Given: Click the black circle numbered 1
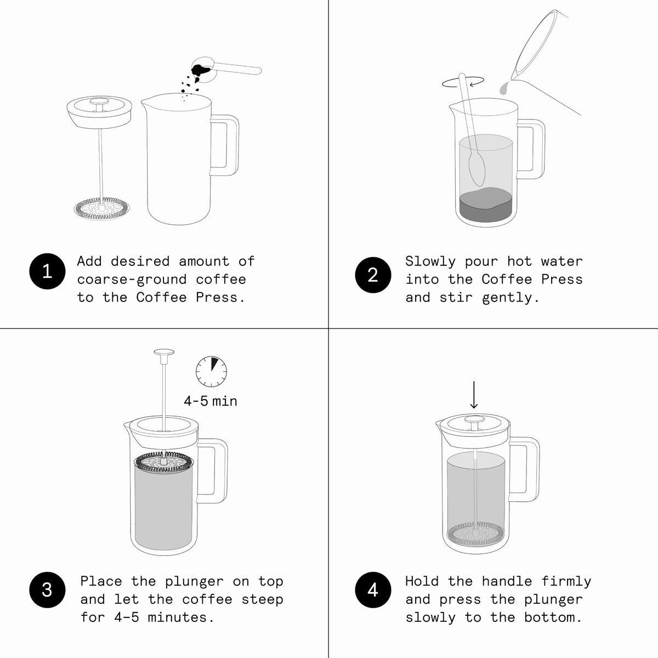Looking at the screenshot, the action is tap(47, 271).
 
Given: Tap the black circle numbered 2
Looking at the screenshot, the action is tap(373, 275).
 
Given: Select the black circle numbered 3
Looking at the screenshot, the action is tap(47, 589).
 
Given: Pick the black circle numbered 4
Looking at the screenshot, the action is tap(373, 589).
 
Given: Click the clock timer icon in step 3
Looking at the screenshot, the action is tap(211, 372).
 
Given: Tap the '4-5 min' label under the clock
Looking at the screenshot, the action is tap(211, 401).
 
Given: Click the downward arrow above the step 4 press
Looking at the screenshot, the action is tap(474, 395).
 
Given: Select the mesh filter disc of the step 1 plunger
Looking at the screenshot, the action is tap(102, 208).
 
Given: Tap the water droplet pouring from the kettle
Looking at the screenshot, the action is tap(503, 89).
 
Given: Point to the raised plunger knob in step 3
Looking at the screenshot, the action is tap(164, 352).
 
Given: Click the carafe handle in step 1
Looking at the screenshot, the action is tap(224, 145).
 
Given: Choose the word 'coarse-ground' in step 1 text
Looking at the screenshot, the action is tap(132, 280).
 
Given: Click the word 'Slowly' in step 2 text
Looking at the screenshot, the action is tap(430, 262).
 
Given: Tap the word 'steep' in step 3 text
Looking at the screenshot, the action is tap(262, 600).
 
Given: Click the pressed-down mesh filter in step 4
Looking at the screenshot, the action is tap(475, 534).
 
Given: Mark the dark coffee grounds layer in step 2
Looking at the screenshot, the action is tap(486, 205).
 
